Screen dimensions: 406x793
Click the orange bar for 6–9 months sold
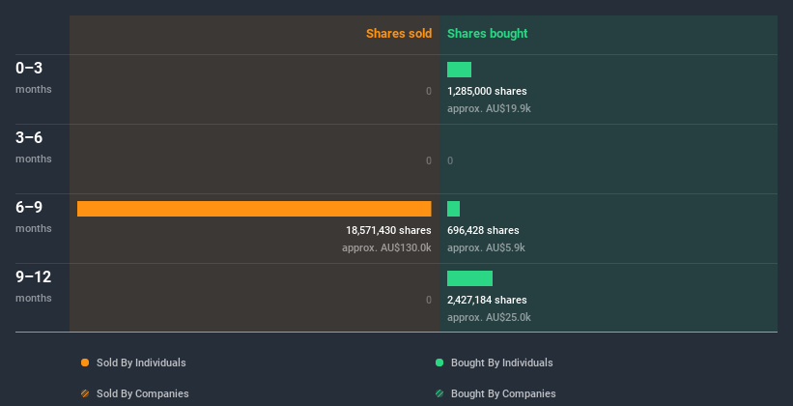(254, 209)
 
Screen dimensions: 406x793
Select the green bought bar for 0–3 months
(459, 70)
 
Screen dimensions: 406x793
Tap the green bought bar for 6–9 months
(453, 209)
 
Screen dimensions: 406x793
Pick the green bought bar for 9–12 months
(469, 278)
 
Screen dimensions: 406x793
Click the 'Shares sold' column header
(398, 34)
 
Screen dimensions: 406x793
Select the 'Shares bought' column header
(487, 34)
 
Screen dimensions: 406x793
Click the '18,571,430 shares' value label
(388, 231)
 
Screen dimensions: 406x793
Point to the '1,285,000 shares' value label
(487, 92)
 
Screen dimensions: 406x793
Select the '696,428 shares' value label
(483, 231)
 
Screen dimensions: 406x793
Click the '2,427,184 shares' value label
(487, 301)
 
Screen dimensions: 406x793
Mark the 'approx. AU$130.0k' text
(386, 247)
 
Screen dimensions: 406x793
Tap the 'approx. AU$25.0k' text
(489, 317)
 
